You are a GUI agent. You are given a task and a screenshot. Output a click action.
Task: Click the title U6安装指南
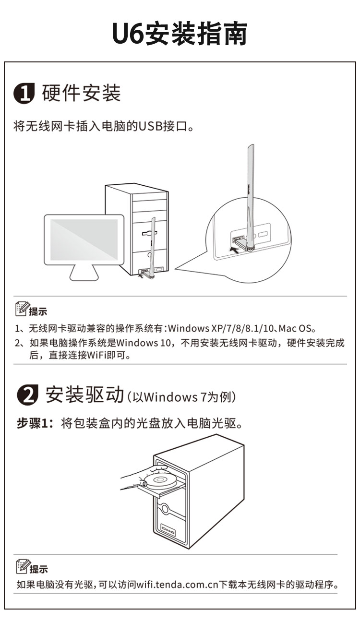pyautogui.click(x=180, y=34)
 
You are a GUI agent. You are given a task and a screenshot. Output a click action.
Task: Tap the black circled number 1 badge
pyautogui.click(x=24, y=93)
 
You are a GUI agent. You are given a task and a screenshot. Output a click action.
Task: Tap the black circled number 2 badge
pyautogui.click(x=27, y=395)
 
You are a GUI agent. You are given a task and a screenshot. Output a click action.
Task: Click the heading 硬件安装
pyautogui.click(x=81, y=93)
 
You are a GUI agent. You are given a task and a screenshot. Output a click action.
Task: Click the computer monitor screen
pyautogui.click(x=84, y=239)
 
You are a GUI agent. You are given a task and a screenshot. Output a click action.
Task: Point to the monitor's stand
pyautogui.click(x=84, y=273)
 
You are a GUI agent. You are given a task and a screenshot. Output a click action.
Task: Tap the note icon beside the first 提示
pyautogui.click(x=22, y=309)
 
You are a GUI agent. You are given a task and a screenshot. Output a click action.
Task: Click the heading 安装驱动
pyautogui.click(x=84, y=395)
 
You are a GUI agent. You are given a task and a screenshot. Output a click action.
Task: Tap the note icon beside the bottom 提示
pyautogui.click(x=23, y=566)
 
